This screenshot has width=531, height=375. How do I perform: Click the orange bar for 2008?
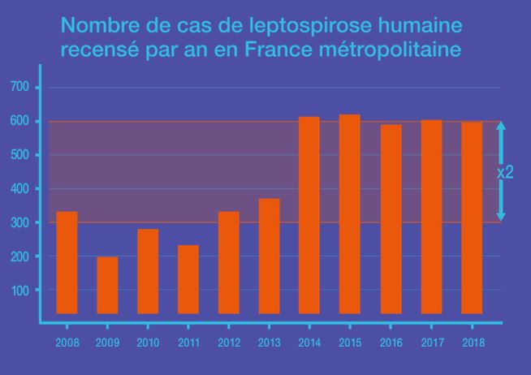[x=67, y=262]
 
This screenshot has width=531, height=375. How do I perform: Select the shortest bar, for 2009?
[x=107, y=285]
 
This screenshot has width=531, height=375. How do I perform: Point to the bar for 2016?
[x=391, y=218]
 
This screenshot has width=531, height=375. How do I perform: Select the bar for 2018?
[x=472, y=217]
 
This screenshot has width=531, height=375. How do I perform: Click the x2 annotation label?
[x=505, y=172]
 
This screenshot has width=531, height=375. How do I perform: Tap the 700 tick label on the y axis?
[x=20, y=87]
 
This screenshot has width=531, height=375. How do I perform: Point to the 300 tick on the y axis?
[x=20, y=222]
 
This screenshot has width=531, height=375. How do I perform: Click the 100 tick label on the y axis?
[x=20, y=290]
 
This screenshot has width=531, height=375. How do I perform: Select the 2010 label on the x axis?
[x=148, y=343]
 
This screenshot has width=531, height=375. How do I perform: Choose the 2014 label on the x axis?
[x=309, y=343]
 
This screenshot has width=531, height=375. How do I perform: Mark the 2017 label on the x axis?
[x=431, y=343]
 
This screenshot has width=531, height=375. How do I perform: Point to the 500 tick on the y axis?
[x=20, y=154]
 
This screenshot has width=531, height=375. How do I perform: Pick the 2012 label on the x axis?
[x=229, y=343]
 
